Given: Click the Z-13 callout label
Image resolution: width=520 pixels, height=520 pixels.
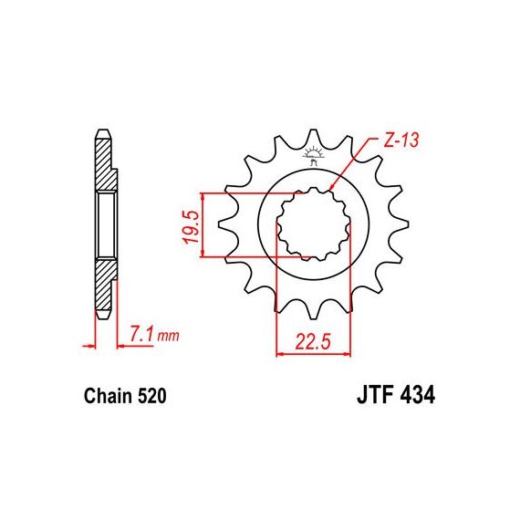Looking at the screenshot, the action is click(x=401, y=140).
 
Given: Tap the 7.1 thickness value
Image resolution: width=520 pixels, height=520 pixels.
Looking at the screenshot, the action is click(x=142, y=334).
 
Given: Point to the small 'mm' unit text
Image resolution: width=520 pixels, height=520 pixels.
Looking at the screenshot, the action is click(x=168, y=337).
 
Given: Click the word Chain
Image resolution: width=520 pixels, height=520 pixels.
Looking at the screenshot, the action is click(x=109, y=396).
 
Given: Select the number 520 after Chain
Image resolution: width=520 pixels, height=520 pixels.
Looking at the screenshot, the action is click(x=151, y=396).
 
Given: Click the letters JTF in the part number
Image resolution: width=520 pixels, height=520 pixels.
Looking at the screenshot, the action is click(x=376, y=395).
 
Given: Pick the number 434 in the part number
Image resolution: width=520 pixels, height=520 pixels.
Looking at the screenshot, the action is click(x=418, y=395).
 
